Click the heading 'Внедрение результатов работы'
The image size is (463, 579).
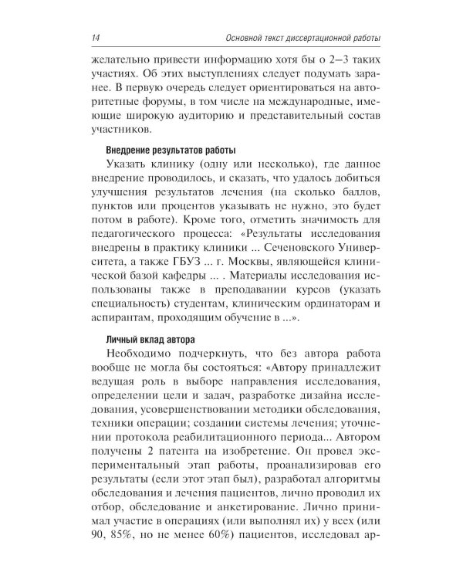point(158,150)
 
